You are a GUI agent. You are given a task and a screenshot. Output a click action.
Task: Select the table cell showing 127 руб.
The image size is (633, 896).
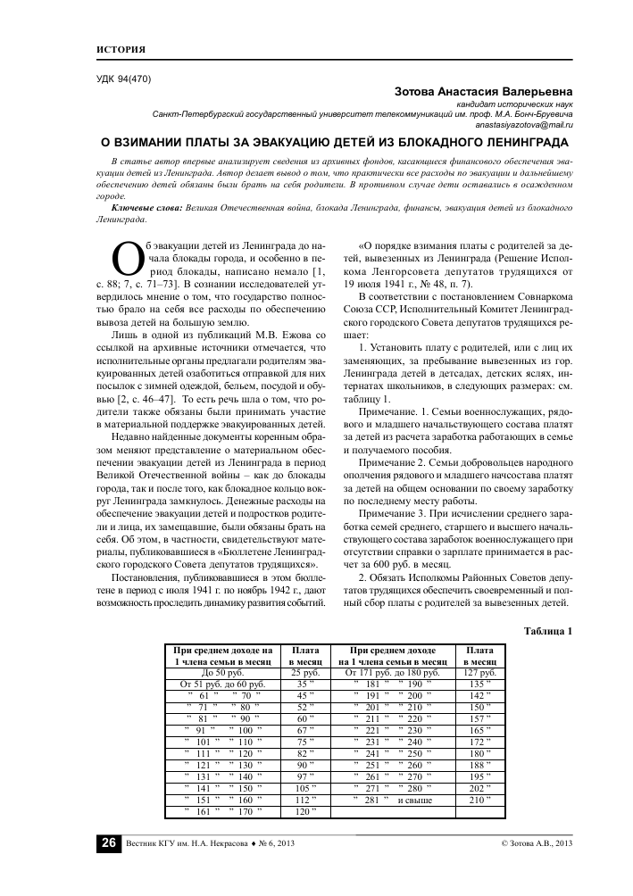480,671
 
